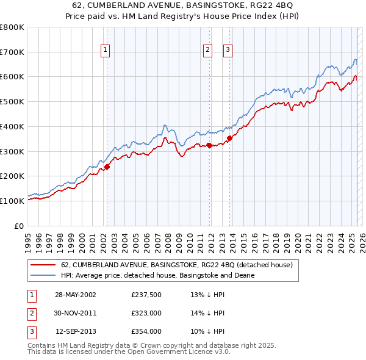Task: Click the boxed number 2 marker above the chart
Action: [x=208, y=50]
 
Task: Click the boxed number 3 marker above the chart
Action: [x=228, y=50]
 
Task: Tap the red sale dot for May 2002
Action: [x=107, y=166]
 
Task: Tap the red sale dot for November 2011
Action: [x=209, y=145]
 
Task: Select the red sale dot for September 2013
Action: [x=230, y=138]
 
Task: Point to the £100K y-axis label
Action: [x=13, y=200]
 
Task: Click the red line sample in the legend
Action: [x=42, y=265]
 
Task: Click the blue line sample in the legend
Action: [x=42, y=275]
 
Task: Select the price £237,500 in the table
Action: [x=146, y=295]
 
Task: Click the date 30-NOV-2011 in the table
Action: [x=76, y=313]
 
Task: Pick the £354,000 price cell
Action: [x=146, y=331]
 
